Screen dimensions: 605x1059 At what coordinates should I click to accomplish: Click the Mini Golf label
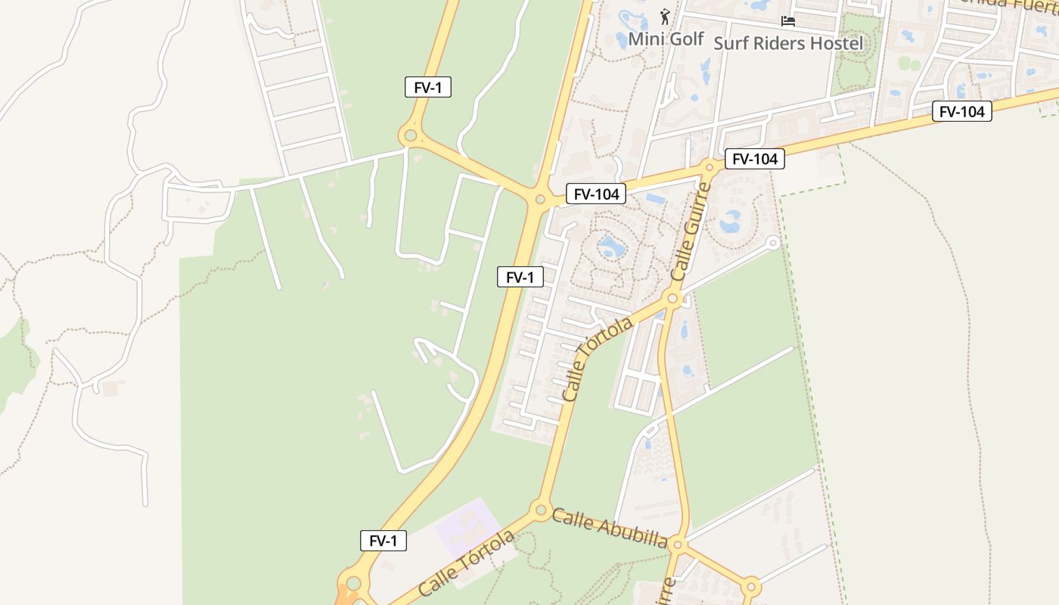point(666,39)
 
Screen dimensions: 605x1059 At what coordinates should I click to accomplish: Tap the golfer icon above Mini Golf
point(665,17)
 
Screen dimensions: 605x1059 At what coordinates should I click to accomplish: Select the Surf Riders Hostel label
point(787,43)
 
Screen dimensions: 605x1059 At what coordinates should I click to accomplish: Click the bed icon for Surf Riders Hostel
point(787,20)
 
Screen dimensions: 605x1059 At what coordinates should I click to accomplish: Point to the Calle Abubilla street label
point(609,528)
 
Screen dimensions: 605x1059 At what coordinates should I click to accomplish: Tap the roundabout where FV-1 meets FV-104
point(540,200)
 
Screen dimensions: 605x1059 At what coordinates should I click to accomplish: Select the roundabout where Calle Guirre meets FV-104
point(710,167)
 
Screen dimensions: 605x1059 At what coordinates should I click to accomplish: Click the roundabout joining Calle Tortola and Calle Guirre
point(672,299)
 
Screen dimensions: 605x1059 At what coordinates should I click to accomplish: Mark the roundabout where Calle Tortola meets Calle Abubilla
point(541,510)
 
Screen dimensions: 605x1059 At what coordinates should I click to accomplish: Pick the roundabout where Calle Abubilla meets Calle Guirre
point(678,544)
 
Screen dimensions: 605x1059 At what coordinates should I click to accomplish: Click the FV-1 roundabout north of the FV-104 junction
point(410,136)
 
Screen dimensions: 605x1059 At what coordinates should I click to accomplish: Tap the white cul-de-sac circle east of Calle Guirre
point(772,243)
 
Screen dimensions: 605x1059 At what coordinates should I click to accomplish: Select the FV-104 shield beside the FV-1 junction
point(596,194)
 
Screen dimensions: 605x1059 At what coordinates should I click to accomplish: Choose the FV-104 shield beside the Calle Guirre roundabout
point(754,159)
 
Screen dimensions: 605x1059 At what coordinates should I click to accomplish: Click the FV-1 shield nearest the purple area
point(383,541)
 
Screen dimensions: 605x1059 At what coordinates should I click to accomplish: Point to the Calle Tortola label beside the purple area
point(466,563)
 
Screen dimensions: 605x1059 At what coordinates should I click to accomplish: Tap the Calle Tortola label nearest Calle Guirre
point(598,359)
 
